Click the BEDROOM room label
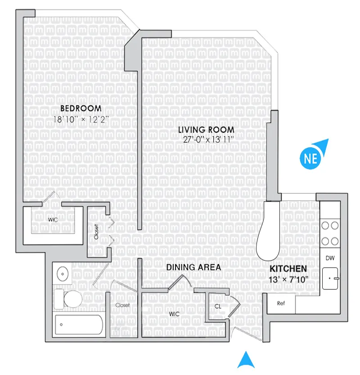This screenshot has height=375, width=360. (x=81, y=108)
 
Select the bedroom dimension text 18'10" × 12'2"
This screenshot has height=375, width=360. (x=81, y=119)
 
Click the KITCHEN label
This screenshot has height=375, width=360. (x=288, y=269)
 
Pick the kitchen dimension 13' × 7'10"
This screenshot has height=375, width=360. (x=288, y=280)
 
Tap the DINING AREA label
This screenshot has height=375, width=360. (x=193, y=267)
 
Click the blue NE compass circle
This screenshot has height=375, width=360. (x=309, y=158)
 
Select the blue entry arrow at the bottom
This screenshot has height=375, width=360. (x=246, y=360)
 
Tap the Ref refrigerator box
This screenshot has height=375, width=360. (x=281, y=303)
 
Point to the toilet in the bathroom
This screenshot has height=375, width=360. (x=67, y=298)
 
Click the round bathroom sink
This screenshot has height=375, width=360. (x=62, y=273)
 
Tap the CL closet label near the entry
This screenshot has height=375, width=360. (x=218, y=306)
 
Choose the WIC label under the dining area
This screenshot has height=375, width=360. (x=175, y=314)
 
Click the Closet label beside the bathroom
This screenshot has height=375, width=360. (x=122, y=305)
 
